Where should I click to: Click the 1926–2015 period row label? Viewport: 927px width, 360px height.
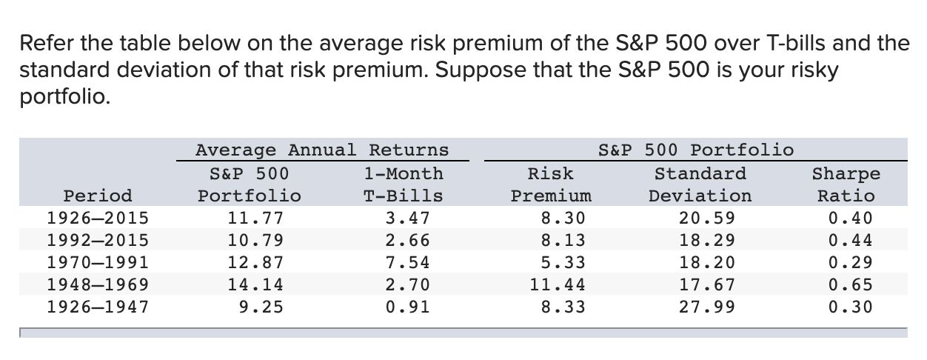[97, 218]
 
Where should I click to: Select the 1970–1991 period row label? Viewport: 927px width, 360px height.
[97, 262]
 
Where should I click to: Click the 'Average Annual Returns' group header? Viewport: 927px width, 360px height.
[322, 150]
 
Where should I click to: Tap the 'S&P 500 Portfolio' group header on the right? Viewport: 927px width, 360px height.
[695, 150]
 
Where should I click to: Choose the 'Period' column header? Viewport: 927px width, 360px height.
[98, 196]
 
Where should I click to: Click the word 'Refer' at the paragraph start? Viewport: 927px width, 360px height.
[44, 44]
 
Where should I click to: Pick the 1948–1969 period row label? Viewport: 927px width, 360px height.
[97, 284]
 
